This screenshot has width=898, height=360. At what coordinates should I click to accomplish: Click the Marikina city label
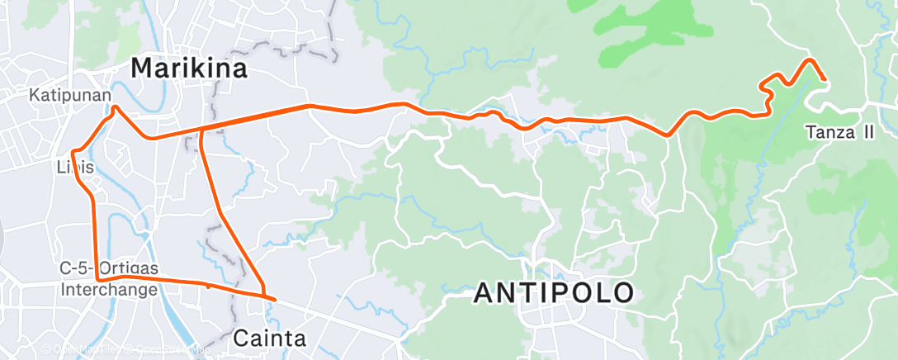[189, 69]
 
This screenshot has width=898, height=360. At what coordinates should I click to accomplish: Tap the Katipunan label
[70, 96]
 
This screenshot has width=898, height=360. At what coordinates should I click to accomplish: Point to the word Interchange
[108, 290]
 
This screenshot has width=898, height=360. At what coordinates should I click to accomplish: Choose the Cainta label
[270, 338]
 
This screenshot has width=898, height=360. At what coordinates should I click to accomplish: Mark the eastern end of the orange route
[825, 78]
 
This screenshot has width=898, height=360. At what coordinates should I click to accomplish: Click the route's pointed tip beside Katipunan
[114, 107]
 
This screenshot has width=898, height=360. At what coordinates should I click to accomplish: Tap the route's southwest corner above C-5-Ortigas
[98, 280]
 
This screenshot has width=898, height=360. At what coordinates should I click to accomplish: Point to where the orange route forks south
[201, 130]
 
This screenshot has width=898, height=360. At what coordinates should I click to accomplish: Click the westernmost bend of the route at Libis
[73, 152]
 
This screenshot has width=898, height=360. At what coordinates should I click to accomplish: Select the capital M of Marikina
[143, 69]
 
